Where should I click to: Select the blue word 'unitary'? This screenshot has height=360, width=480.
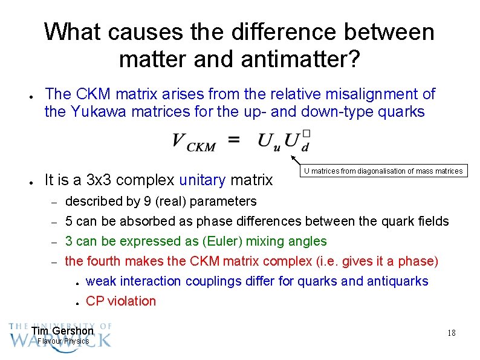coord(202,180)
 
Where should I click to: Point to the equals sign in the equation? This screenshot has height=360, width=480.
coord(234,140)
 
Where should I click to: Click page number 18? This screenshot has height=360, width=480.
coord(451,333)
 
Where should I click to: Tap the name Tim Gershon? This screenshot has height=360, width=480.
coord(62,331)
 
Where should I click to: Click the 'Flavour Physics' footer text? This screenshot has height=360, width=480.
coord(63,341)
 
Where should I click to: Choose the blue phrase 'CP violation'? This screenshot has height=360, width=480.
coord(121,301)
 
